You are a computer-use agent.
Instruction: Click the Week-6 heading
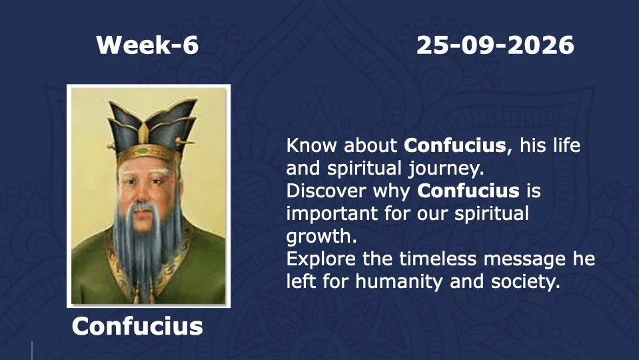tap(147, 45)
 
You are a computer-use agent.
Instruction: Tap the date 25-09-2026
tap(495, 45)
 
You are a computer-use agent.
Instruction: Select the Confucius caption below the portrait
tap(137, 326)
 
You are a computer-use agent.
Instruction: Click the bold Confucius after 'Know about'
tap(455, 145)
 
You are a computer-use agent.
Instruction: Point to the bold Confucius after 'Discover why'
tap(468, 191)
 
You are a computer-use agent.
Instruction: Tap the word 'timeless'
tap(437, 259)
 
